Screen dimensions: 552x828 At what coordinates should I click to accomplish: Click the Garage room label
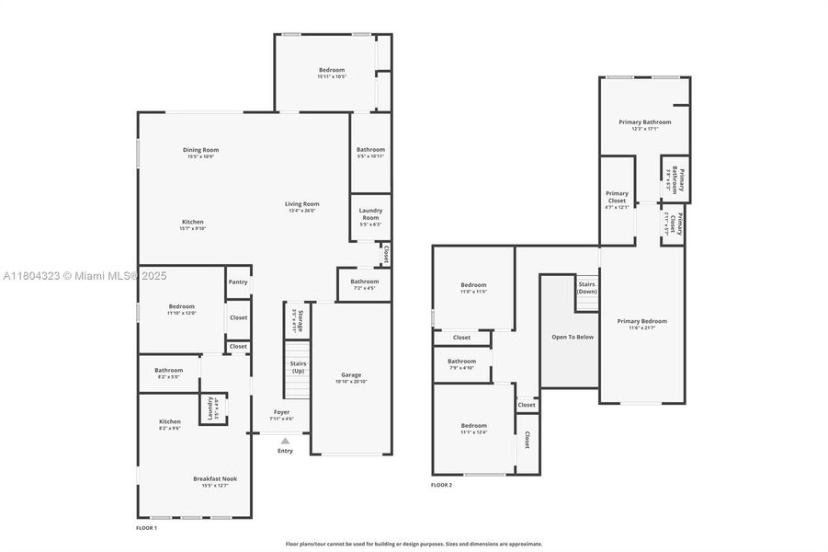pos(351,374)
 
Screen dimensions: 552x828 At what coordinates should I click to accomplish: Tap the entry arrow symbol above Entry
pos(285,442)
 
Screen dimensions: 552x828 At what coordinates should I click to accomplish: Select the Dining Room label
pos(200,150)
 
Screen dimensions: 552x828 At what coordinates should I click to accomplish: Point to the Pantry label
pos(238,282)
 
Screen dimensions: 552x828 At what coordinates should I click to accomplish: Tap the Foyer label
pos(281,412)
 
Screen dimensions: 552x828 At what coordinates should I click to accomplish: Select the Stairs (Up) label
pos(298,366)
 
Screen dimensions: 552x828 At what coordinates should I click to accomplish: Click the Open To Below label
pos(572,337)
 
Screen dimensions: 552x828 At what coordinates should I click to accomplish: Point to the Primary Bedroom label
pos(642,321)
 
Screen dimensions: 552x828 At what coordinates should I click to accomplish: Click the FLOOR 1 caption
pos(146,528)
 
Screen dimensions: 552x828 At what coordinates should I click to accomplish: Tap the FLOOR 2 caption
pos(441,485)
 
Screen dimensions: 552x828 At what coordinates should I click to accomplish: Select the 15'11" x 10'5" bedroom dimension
pos(332,76)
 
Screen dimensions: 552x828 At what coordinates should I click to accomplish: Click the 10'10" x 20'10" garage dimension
pos(351,381)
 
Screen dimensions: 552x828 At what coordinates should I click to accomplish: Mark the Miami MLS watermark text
pos(85,275)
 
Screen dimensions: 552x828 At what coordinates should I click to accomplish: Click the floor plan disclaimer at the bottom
pos(414,544)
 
